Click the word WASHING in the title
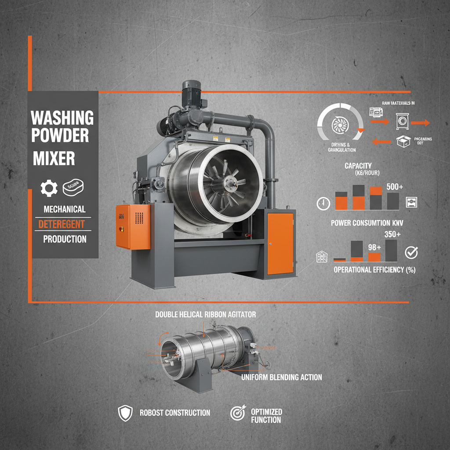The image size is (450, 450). (x=62, y=118)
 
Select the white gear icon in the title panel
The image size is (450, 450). (x=49, y=188)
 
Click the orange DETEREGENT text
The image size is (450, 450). (x=61, y=225)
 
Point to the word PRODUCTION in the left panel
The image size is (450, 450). (x=65, y=240)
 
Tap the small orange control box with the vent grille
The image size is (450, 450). (x=132, y=226)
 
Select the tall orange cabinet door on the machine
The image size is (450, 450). (x=280, y=243)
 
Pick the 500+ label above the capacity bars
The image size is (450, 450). (x=395, y=187)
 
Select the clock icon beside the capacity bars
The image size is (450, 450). (x=323, y=203)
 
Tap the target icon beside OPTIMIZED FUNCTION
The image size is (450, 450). (x=237, y=413)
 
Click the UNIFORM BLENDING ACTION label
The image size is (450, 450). (x=281, y=377)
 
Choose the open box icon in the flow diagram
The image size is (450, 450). (x=403, y=142)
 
